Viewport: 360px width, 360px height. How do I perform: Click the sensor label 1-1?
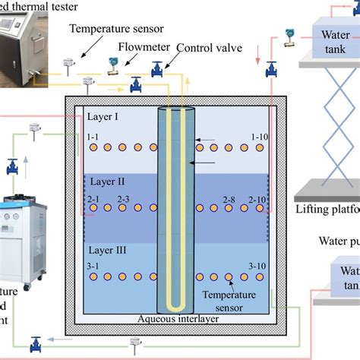coord(93,137)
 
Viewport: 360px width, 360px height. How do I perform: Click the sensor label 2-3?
coord(123,199)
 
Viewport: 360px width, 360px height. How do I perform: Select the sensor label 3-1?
coord(93,265)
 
